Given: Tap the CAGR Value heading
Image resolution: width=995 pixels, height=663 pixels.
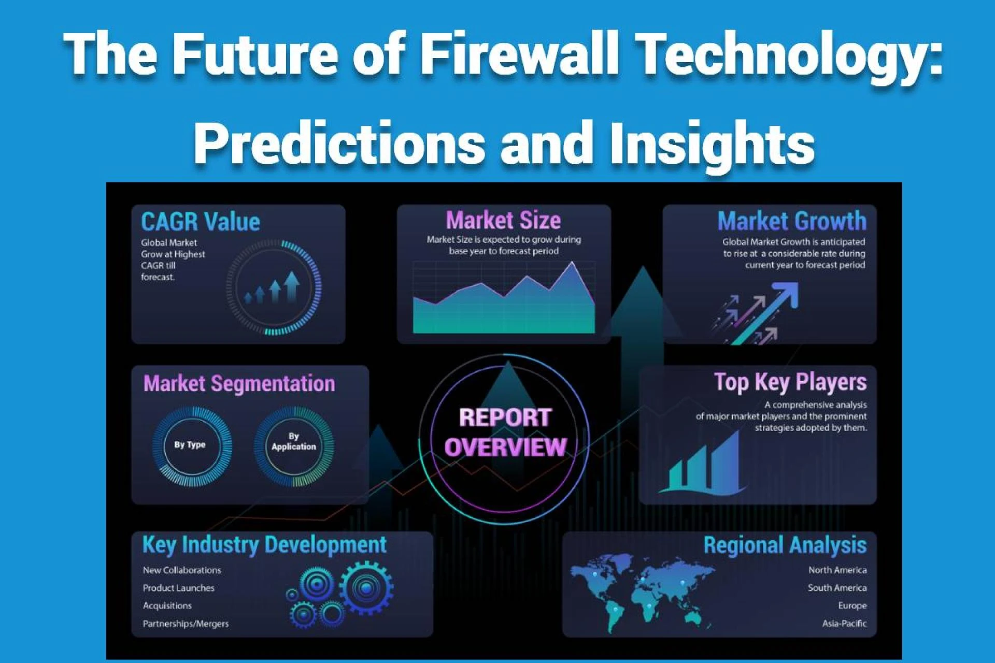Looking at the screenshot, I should point(201,222).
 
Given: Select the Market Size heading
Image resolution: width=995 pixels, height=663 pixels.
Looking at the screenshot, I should point(503,221).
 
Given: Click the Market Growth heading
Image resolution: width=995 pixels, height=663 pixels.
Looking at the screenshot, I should point(791,221).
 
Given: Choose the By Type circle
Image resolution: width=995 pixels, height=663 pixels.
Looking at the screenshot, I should point(190,445).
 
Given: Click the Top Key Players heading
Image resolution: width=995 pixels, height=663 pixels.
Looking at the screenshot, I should point(790,382).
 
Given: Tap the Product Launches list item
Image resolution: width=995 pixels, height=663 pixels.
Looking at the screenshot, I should point(178,588).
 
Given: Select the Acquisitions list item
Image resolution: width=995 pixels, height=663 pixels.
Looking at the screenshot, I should point(167,606).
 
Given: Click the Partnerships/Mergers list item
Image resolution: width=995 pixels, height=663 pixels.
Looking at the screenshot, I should point(186,624).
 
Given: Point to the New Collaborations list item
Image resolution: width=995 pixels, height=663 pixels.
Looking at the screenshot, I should point(182,570).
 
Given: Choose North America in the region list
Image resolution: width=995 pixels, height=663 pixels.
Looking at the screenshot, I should point(837,570).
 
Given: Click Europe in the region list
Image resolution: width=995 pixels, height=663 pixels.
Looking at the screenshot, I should point(852,606).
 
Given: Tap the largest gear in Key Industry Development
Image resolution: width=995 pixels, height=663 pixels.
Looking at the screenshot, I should point(366,587).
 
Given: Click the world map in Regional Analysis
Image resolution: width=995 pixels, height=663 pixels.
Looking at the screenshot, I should point(643,590).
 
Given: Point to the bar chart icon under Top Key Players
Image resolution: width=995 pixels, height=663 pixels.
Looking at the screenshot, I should point(702,464).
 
